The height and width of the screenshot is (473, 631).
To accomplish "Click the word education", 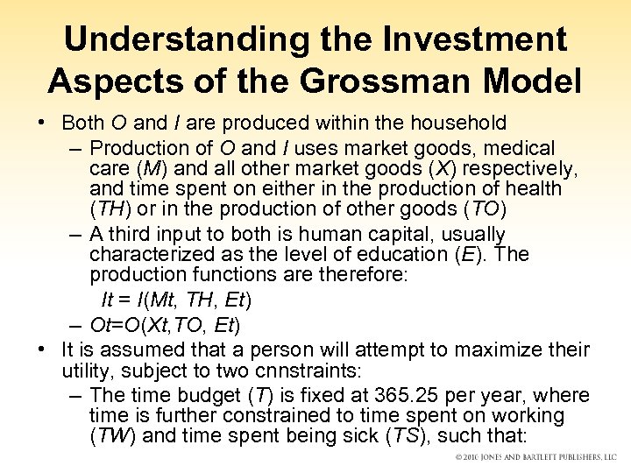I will click(x=397, y=254).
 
